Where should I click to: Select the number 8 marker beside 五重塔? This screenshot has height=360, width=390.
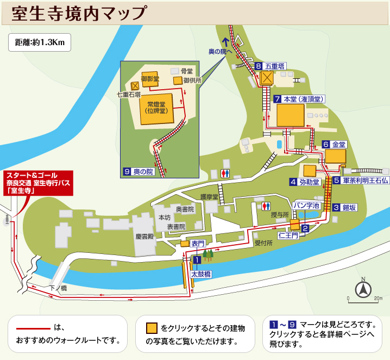(259, 66)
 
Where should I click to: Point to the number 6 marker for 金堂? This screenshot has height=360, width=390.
(326, 145)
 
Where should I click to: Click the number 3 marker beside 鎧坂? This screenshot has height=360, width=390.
(337, 207)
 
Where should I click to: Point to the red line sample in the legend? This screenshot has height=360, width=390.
(33, 328)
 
